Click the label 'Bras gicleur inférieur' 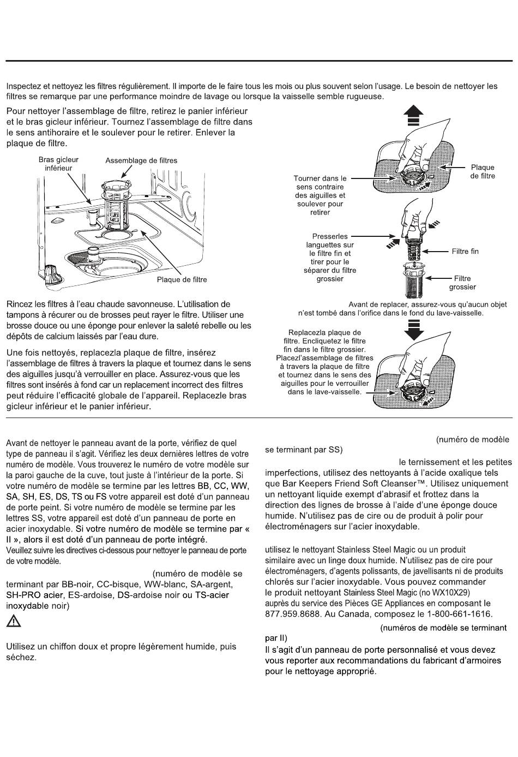[x=58, y=164]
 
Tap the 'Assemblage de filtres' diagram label [x=141, y=160]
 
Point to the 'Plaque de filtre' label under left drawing [x=182, y=280]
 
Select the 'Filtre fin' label [x=465, y=252]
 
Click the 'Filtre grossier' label [x=462, y=283]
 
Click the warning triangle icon [x=14, y=621]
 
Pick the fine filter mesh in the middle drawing [x=415, y=252]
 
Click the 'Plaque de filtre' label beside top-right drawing [x=483, y=171]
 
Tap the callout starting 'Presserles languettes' [x=330, y=258]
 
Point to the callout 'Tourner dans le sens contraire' [x=320, y=195]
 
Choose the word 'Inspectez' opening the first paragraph [x=23, y=86]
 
